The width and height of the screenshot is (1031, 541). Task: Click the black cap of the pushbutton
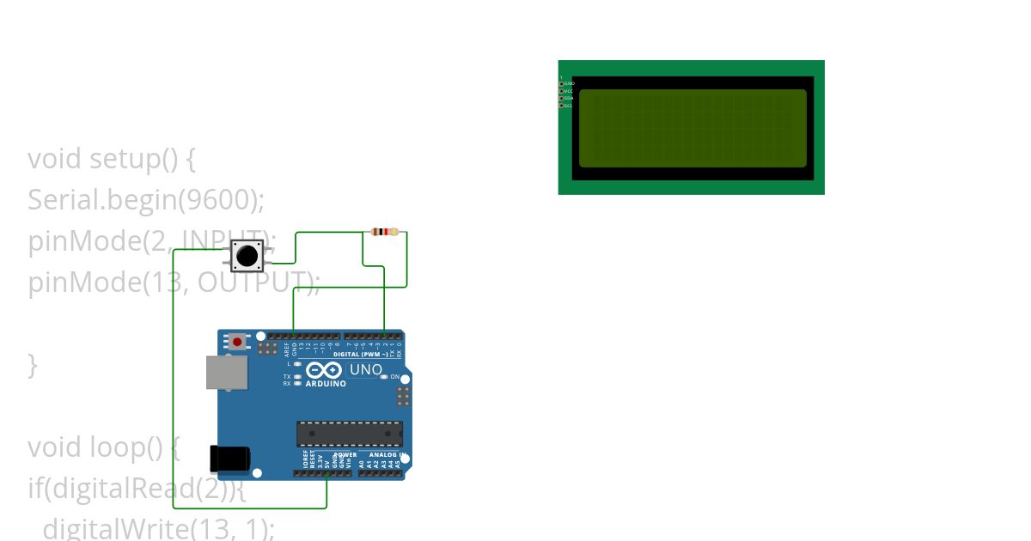click(x=247, y=255)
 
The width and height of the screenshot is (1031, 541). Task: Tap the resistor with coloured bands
click(x=385, y=232)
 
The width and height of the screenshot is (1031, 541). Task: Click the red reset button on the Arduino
click(x=237, y=342)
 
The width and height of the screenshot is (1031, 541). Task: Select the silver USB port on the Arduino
click(x=227, y=373)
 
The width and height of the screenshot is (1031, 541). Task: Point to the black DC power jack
click(x=230, y=459)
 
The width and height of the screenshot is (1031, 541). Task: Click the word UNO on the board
click(x=365, y=370)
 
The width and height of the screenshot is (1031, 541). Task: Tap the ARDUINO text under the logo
click(x=326, y=384)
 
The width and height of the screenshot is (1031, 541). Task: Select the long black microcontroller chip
click(x=350, y=434)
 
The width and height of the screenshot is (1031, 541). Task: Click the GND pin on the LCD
click(x=562, y=83)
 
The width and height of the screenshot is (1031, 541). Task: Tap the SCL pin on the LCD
click(x=562, y=106)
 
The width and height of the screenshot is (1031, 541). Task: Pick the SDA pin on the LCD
click(x=562, y=98)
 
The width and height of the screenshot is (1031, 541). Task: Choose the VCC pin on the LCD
click(x=562, y=90)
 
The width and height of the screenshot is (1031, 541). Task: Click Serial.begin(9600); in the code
click(x=146, y=199)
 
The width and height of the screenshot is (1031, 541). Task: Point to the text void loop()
click(x=103, y=447)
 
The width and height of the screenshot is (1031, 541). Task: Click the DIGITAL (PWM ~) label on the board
click(x=360, y=354)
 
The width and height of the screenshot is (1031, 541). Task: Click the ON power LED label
click(x=395, y=377)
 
